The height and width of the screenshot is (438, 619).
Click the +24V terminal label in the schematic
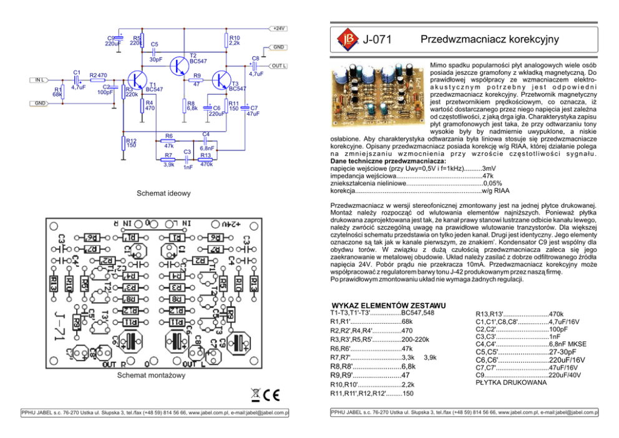(278, 28)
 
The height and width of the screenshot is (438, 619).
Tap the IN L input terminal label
(39, 80)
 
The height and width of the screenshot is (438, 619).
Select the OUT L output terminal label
(278, 66)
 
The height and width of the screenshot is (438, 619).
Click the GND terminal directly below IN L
(39, 103)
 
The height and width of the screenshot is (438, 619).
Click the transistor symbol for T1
(136, 80)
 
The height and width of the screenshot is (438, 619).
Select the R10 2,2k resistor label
(235, 41)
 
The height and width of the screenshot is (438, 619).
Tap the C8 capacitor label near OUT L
(255, 58)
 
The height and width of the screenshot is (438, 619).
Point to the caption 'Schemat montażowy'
(152, 376)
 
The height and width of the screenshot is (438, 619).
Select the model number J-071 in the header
(378, 41)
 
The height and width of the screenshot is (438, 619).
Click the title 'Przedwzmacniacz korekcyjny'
(489, 40)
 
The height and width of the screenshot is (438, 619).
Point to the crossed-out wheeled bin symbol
(255, 394)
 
